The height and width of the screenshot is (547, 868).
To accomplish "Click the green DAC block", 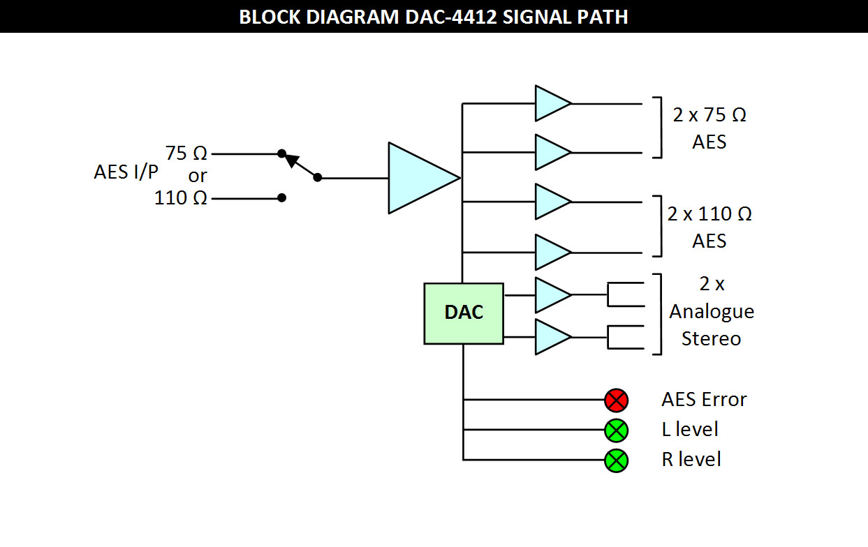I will [x=464, y=313].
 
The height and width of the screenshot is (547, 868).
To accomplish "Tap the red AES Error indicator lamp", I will [x=616, y=400].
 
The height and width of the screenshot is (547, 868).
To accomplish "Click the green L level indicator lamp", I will [x=616, y=430].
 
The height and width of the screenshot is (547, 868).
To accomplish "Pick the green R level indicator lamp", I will [x=616, y=460].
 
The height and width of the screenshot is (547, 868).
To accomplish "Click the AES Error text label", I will [x=704, y=400].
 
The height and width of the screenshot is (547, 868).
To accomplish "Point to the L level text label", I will [x=690, y=430].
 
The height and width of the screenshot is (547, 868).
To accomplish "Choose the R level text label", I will [x=691, y=460].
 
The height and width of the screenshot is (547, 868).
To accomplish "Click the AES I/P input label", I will [x=126, y=172].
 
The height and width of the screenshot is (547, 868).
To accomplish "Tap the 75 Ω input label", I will [x=186, y=153].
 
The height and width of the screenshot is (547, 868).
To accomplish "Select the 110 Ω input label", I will [x=181, y=198].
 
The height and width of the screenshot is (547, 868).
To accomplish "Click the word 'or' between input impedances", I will [x=198, y=175].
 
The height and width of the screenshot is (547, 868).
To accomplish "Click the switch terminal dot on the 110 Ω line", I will [x=281, y=198].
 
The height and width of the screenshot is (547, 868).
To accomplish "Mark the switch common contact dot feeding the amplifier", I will [x=318, y=178].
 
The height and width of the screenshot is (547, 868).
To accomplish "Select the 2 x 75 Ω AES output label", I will [x=709, y=128].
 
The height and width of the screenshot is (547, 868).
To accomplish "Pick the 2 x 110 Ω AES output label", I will [x=709, y=227].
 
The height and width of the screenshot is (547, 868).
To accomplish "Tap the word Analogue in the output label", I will [x=712, y=311].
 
